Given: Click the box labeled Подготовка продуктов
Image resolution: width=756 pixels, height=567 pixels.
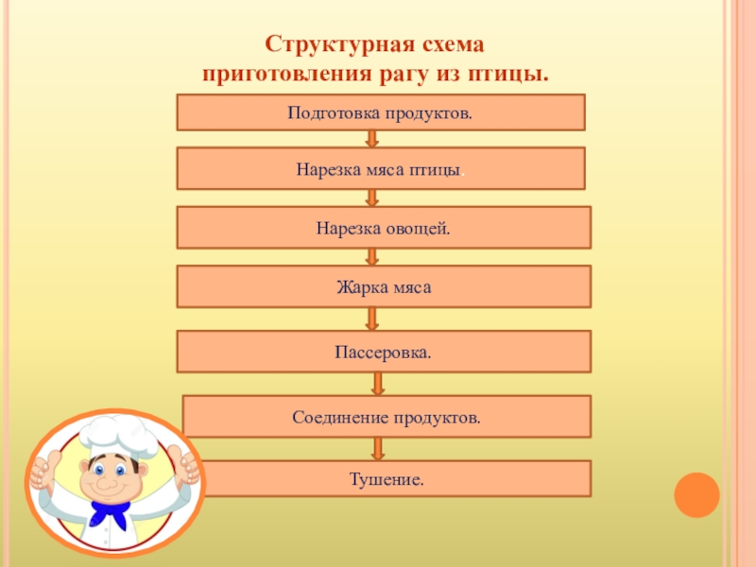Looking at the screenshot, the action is (380, 112).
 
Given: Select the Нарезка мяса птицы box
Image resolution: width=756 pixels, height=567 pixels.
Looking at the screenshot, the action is (380, 168).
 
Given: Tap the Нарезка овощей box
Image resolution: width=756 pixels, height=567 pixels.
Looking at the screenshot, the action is (384, 228).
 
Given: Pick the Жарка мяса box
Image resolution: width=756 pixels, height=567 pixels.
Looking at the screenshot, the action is (384, 286).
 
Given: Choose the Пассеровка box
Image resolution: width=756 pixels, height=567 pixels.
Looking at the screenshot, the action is (384, 352).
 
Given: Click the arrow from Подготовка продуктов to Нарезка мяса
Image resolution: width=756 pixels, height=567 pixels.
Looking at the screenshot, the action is (372, 139).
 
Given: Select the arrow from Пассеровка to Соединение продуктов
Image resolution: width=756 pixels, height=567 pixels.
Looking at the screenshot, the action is (378, 384).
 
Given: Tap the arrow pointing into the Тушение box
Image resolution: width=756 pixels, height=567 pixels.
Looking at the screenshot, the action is (378, 448).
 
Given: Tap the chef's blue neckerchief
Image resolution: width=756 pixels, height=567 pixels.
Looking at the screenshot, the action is (112, 515).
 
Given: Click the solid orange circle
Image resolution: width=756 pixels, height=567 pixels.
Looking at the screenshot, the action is (696, 494).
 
